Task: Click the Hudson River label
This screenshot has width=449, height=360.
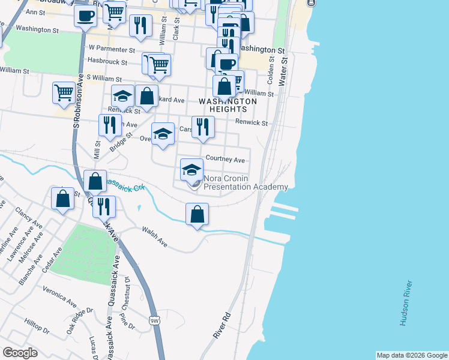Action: [406, 303]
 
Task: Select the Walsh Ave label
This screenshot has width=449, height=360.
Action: [154, 236]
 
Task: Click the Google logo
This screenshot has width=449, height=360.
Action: [20, 353]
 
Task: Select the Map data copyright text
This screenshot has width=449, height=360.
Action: [411, 355]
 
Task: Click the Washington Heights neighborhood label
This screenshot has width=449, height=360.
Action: [228, 105]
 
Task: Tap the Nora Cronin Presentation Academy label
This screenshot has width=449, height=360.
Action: [246, 182]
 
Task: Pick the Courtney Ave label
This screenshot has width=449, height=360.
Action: [225, 160]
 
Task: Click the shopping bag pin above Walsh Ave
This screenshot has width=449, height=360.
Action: [197, 214]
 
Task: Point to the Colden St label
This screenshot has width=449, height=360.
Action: [271, 71]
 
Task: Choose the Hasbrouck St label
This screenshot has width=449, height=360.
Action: [107, 61]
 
